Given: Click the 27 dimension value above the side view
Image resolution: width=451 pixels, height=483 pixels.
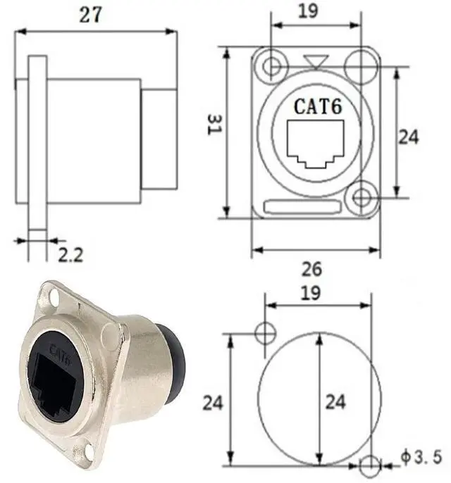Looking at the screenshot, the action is point(89,15).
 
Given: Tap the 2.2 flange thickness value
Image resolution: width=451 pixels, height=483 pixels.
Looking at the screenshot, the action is point(70,255).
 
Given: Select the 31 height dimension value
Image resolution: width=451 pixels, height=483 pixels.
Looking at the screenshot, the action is point(214,124).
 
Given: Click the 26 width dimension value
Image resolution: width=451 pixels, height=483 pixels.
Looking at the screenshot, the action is point(311,269).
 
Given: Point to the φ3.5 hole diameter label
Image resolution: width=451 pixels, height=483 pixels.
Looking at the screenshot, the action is point(421,457).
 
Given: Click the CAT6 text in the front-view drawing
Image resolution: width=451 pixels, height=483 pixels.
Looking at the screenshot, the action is point(318,106).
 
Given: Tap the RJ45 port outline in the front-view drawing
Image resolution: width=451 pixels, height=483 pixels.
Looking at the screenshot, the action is point(315,144).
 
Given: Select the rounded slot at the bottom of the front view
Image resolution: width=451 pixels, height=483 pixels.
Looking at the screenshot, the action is point(303,206).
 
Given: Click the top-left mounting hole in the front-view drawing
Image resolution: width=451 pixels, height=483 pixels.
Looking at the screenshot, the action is point(271,66).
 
